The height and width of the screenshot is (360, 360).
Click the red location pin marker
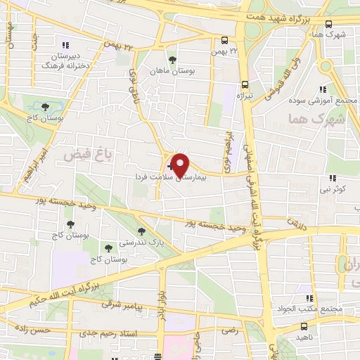[180, 165]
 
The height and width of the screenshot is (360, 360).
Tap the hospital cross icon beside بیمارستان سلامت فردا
[169, 167]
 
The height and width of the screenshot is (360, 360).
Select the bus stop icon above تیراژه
[245, 82]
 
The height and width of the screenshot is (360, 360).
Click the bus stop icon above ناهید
[304, 326]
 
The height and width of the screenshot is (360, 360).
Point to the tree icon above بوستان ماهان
[172, 59]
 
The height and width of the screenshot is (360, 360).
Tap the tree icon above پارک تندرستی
[142, 231]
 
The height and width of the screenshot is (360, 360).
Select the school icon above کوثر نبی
[331, 178]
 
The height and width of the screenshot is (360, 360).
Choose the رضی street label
[230, 330]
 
